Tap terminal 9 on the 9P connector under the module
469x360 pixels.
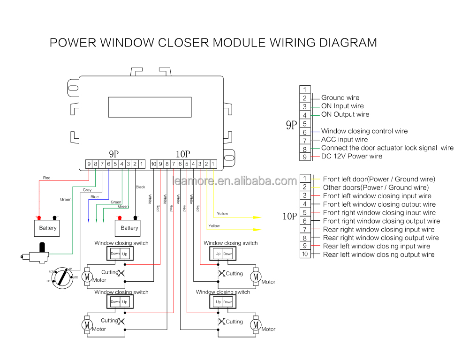[x=89, y=164]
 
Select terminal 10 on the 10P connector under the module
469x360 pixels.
[x=153, y=164]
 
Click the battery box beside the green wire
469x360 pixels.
[x=47, y=228]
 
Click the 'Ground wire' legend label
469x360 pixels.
[x=340, y=98]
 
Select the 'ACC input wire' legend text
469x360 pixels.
[x=344, y=140]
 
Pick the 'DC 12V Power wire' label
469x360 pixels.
[x=351, y=156]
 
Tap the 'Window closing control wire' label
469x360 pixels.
[x=364, y=131]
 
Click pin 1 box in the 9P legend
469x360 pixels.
[x=304, y=90]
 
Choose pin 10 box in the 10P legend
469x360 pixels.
[x=304, y=254]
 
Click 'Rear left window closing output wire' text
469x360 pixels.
[x=378, y=255]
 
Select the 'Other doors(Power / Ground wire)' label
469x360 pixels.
[x=376, y=187]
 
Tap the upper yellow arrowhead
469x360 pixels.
[x=257, y=217]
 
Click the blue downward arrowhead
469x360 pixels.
[x=89, y=220]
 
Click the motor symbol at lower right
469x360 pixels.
[x=256, y=325]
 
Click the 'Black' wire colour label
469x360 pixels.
[x=140, y=187]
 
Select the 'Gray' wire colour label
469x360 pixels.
[x=87, y=190]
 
